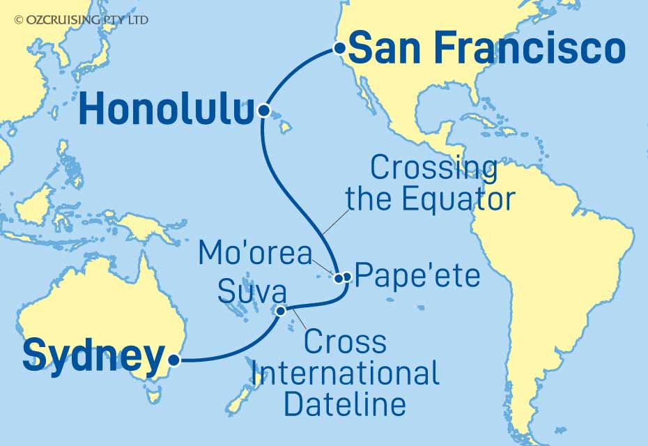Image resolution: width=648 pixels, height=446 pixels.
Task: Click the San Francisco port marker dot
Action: click(x=339, y=48)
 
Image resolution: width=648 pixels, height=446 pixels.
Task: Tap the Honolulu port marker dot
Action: click(x=263, y=110)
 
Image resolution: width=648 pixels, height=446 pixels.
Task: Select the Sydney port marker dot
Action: click(x=174, y=360)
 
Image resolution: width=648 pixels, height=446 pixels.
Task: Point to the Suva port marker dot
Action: click(x=281, y=311)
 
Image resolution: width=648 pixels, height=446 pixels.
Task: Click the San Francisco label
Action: click(x=486, y=49)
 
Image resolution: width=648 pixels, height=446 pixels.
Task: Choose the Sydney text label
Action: click(x=93, y=357)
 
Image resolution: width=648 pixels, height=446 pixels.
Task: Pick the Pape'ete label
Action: click(x=417, y=277)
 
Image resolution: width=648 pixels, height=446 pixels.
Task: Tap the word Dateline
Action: click(x=345, y=403)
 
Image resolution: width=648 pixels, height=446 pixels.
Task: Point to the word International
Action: click(x=346, y=373)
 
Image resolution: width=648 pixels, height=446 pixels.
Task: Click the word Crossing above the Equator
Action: click(x=433, y=169)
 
